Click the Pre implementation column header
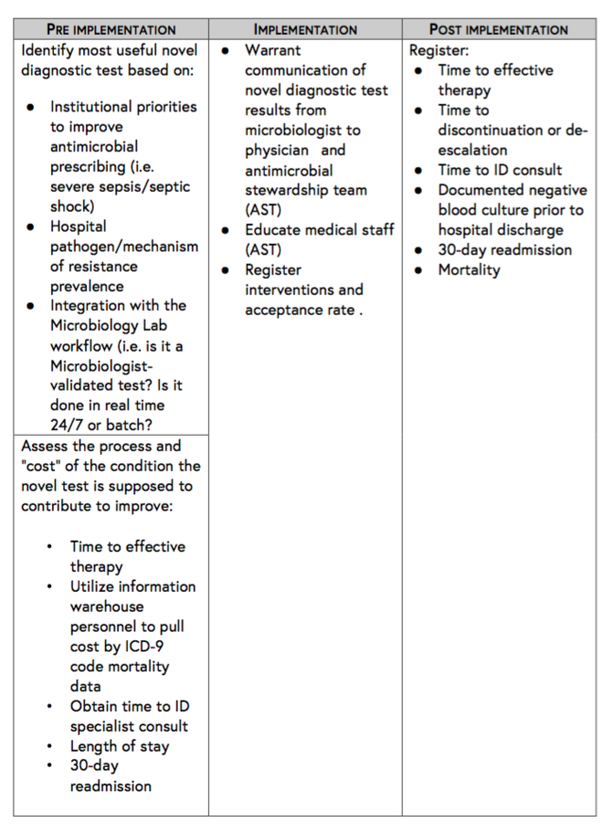[x=112, y=29]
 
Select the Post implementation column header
[x=499, y=29]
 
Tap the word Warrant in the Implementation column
[x=272, y=50]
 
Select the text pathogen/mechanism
[x=124, y=247]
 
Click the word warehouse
[x=107, y=606]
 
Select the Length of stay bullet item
[x=119, y=746]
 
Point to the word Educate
[x=275, y=230]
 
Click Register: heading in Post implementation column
[x=438, y=50]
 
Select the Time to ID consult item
[x=499, y=170]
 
